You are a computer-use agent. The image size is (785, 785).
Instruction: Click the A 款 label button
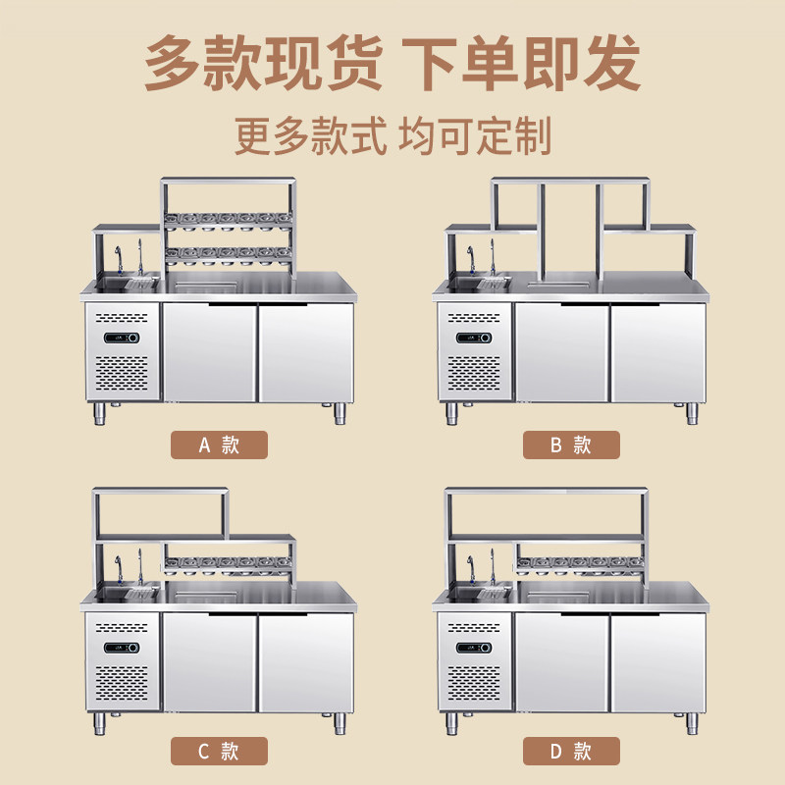218,445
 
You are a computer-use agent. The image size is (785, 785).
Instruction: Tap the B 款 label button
570,445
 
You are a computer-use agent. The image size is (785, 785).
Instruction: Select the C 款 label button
218,752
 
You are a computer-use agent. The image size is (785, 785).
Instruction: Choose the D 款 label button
570,752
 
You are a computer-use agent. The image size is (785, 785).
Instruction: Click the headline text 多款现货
263,63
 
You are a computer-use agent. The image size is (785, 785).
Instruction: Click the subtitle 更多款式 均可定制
392,135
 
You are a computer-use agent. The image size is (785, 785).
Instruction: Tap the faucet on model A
119,259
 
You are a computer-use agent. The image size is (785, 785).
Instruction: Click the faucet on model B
471,259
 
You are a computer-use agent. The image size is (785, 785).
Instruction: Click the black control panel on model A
123,338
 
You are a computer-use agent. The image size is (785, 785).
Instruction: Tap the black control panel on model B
476,338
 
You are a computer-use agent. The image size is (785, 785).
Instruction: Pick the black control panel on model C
123,647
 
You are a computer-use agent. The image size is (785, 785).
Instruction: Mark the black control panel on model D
476,647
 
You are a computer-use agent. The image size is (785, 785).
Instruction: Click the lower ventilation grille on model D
476,687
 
